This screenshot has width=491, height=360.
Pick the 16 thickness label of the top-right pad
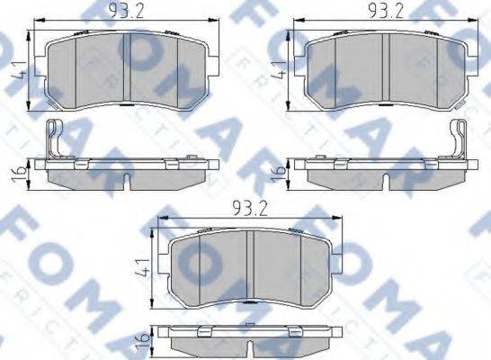[282, 171]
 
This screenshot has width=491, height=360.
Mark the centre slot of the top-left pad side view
[127, 183]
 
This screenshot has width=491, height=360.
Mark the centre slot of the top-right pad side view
[387, 183]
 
